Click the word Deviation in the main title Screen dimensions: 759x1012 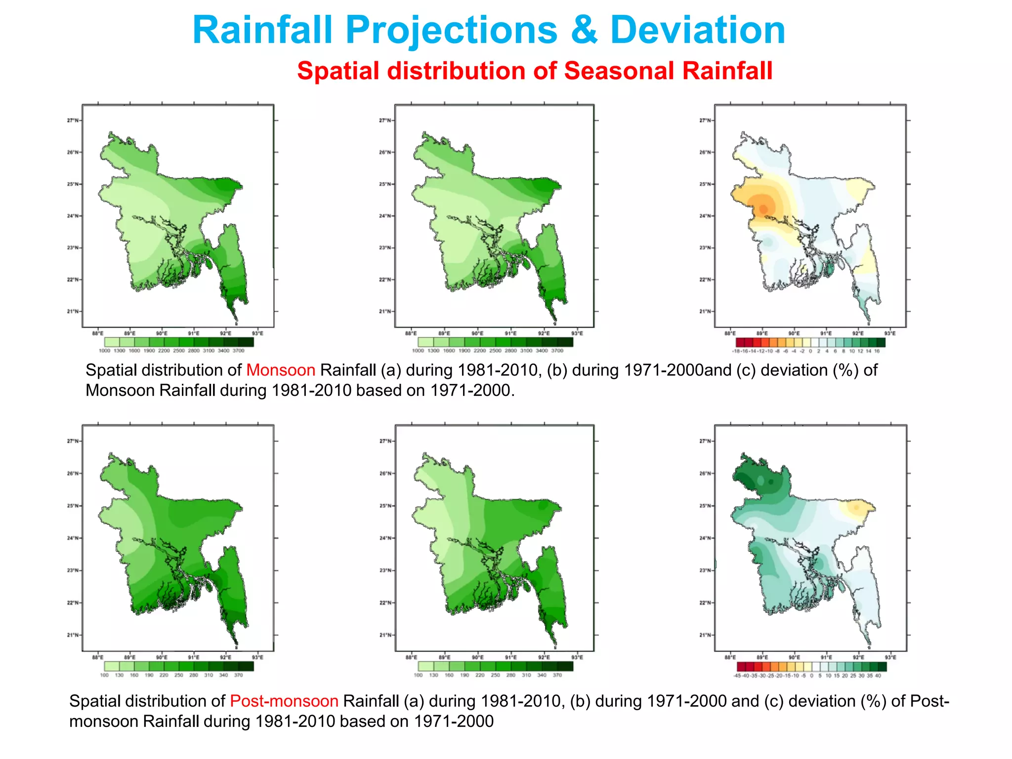point(697,31)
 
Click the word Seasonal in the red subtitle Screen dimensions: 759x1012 point(618,71)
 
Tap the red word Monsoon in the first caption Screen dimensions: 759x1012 point(281,370)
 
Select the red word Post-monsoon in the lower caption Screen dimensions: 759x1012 point(284,701)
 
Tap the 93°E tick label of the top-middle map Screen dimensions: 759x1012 point(577,334)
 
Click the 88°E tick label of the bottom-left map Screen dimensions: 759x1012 point(98,658)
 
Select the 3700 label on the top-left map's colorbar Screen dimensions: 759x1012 point(238,351)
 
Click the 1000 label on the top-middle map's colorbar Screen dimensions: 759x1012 point(418,351)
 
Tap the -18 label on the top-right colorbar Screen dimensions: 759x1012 point(736,351)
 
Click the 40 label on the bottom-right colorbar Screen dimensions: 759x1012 point(878,675)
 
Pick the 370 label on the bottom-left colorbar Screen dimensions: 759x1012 point(238,675)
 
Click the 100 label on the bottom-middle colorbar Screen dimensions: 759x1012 point(418,675)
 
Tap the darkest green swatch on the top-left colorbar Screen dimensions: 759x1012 point(246,342)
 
